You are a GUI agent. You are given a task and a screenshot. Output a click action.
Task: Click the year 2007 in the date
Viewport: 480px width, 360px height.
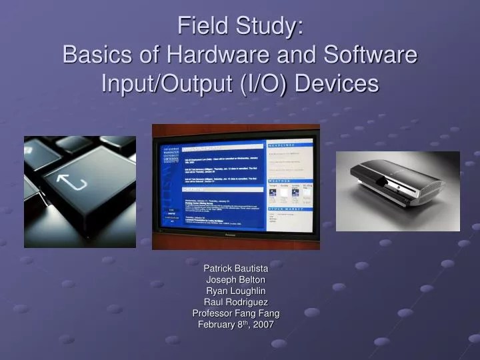coord(262,325)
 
